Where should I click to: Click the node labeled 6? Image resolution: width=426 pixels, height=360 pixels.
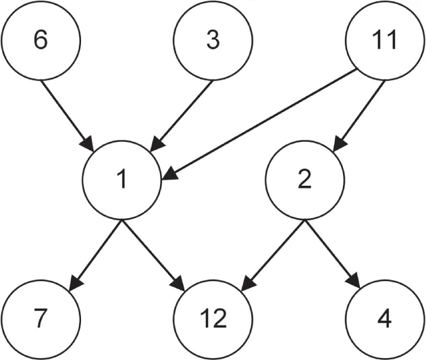[x=41, y=41]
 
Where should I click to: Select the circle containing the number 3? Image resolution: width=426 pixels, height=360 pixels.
[x=213, y=41]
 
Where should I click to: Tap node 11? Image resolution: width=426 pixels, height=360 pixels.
[x=385, y=41]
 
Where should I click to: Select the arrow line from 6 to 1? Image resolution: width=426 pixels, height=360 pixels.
[x=68, y=113]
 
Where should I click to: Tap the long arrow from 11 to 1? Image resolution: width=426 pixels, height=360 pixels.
[x=263, y=126]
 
